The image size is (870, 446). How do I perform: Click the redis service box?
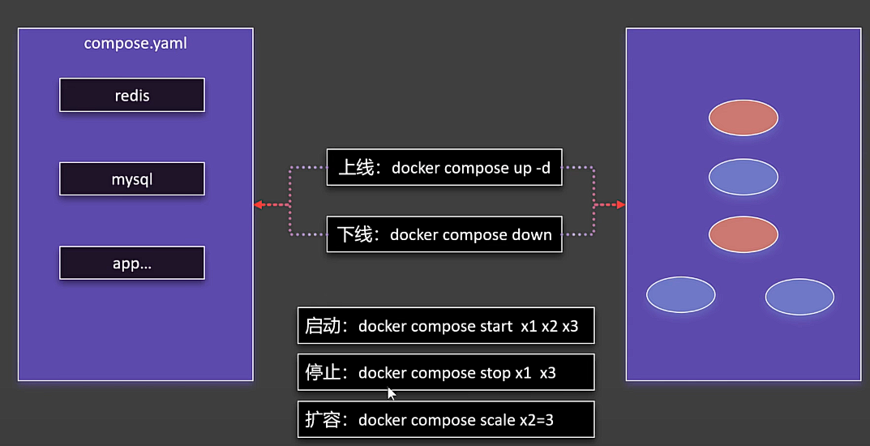click(x=131, y=95)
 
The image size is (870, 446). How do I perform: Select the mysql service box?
click(x=131, y=179)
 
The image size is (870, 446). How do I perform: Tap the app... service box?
click(x=131, y=264)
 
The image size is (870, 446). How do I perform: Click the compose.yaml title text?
click(x=135, y=43)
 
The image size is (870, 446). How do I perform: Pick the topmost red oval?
click(x=744, y=118)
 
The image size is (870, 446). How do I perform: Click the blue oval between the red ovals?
click(x=744, y=177)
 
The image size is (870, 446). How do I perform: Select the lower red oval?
click(x=744, y=234)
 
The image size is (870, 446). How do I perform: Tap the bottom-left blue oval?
click(x=681, y=295)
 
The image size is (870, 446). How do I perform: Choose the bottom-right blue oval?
click(x=799, y=297)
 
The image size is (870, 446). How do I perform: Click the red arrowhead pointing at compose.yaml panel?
click(x=258, y=205)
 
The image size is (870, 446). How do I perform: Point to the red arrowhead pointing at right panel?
click(x=621, y=205)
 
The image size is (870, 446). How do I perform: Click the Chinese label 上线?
click(x=354, y=168)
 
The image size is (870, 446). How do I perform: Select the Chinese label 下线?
click(x=354, y=235)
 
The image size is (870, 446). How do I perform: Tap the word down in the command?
click(x=531, y=235)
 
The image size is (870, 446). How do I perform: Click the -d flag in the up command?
click(x=544, y=168)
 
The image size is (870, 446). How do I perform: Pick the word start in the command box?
click(x=484, y=327)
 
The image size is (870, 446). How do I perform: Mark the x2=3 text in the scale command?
click(x=532, y=420)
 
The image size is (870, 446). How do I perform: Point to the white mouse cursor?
click(x=391, y=393)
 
